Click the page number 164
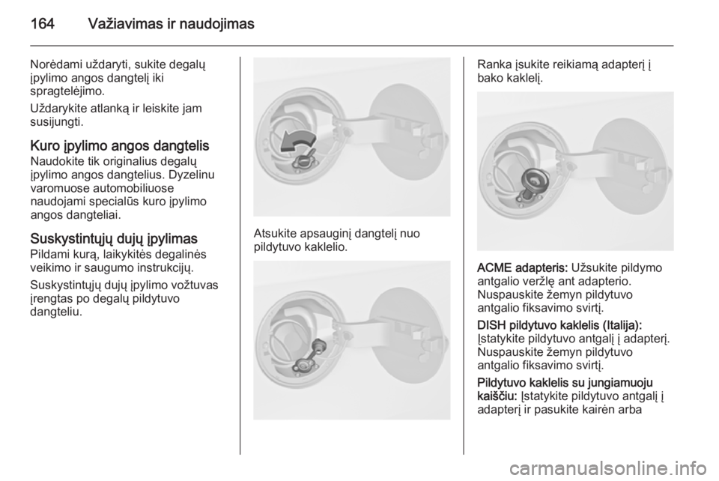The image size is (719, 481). (x=43, y=23)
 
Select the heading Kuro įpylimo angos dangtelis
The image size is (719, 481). (x=120, y=146)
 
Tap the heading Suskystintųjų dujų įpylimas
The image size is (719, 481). (x=114, y=238)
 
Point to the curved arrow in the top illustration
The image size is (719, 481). (x=297, y=140)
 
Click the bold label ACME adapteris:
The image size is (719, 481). (x=523, y=267)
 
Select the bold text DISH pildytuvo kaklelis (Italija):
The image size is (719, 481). (x=559, y=325)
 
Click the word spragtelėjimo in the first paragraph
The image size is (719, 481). (x=67, y=91)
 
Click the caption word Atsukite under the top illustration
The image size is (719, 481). (x=275, y=234)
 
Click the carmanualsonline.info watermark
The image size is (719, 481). (x=609, y=468)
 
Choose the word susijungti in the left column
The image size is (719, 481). (x=56, y=122)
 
